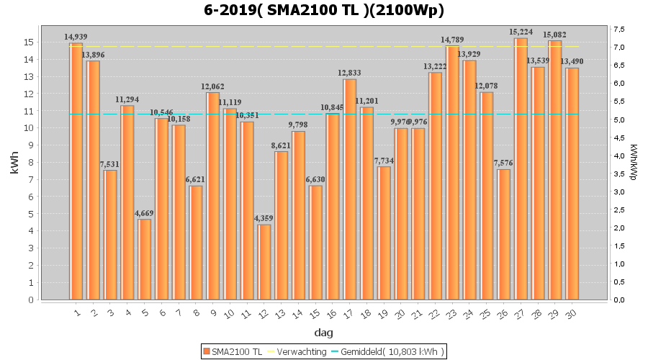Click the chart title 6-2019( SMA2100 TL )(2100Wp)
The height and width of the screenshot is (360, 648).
pyautogui.click(x=324, y=11)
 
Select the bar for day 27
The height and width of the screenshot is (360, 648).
pyautogui.click(x=521, y=169)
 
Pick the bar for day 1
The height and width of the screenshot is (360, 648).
pyautogui.click(x=76, y=171)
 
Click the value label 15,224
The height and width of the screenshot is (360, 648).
pyautogui.click(x=521, y=32)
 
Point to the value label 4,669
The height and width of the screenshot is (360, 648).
pyautogui.click(x=144, y=213)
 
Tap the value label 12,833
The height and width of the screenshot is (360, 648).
pyautogui.click(x=349, y=73)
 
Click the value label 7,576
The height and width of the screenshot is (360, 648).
pyautogui.click(x=503, y=163)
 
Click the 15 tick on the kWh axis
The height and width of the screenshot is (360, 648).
pyautogui.click(x=28, y=42)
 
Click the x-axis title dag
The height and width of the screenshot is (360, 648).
pyautogui.click(x=323, y=333)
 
